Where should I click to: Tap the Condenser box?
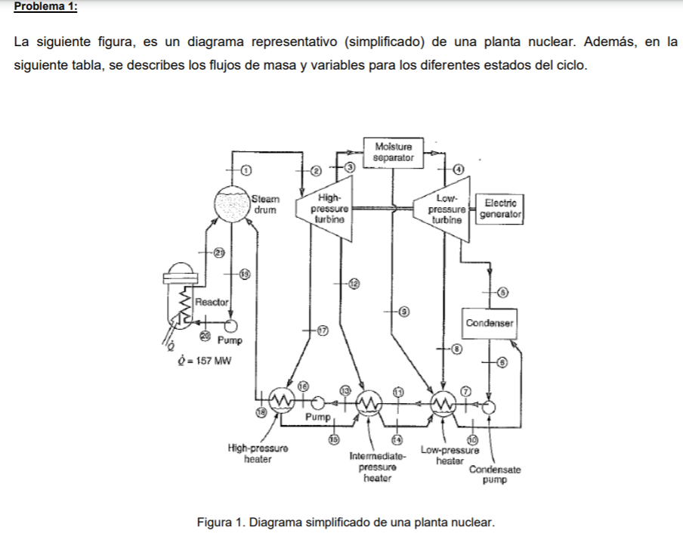(x=490, y=323)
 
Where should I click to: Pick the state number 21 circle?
(x=219, y=252)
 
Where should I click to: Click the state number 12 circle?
(x=352, y=283)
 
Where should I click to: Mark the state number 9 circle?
(x=403, y=311)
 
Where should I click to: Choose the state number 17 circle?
(x=322, y=330)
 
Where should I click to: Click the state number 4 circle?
(x=458, y=168)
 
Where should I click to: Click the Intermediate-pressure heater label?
(x=377, y=467)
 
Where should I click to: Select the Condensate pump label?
(x=494, y=474)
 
